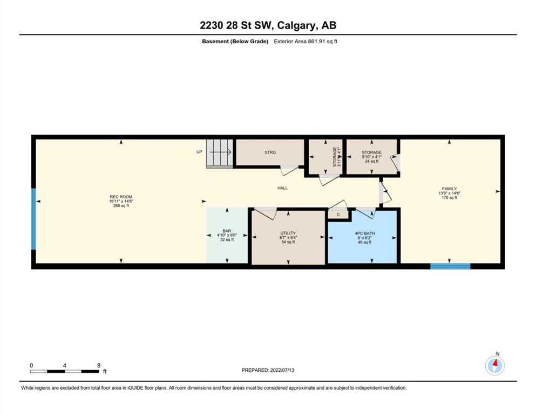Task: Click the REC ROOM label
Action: point(121,197)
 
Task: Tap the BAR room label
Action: point(227,231)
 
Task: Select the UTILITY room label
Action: point(288,233)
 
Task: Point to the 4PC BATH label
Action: point(365,233)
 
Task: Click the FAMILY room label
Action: point(449,189)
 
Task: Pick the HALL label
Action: point(282,188)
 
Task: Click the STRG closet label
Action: point(270,152)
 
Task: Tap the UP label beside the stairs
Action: point(199,152)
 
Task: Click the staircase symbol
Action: point(220,153)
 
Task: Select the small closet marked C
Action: point(338,215)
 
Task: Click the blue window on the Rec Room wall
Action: point(33,219)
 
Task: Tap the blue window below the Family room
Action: point(450,266)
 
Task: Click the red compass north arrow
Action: point(495,363)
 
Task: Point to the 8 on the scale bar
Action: point(99,365)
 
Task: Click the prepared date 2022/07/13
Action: point(282,370)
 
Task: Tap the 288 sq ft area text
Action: point(121,206)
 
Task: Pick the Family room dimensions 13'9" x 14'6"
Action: point(449,193)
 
